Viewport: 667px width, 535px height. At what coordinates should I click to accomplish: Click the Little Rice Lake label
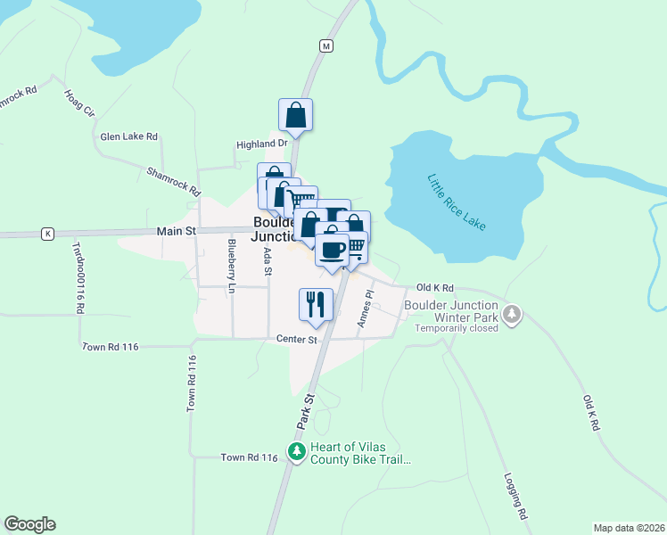coord(456,202)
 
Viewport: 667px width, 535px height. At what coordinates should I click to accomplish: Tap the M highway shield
coord(326,45)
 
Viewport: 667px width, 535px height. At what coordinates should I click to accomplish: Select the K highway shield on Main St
coord(46,234)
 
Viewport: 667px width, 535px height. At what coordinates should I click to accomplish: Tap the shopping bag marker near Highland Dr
coord(296,115)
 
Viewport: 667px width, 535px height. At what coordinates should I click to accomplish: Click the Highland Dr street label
coord(262,144)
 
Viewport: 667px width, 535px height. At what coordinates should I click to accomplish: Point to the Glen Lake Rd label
coord(129,136)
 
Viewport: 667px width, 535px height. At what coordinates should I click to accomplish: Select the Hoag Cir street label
coord(78,103)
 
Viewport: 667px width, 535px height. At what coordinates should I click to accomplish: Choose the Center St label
coord(297,339)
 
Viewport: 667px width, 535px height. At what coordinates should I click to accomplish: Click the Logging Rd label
coord(516,497)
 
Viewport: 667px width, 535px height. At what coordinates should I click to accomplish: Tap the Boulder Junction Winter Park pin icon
coord(512,314)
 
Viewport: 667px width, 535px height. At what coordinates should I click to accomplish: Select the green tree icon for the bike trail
coord(296,452)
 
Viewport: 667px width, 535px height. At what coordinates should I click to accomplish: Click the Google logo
coord(29,524)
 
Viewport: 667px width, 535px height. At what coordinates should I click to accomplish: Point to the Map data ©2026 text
coord(629,528)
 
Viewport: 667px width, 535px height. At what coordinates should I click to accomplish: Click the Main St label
coord(177,231)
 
